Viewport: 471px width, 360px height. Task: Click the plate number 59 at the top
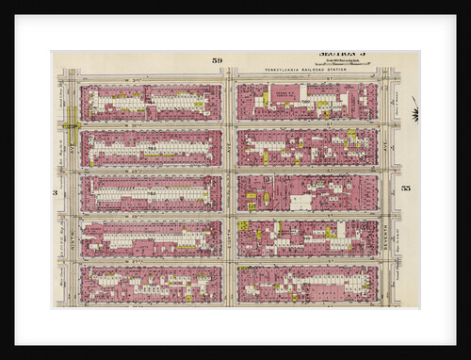tap(218, 60)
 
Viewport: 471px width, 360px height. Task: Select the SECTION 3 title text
tap(340, 55)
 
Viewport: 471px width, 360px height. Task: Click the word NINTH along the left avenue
tap(71, 240)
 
